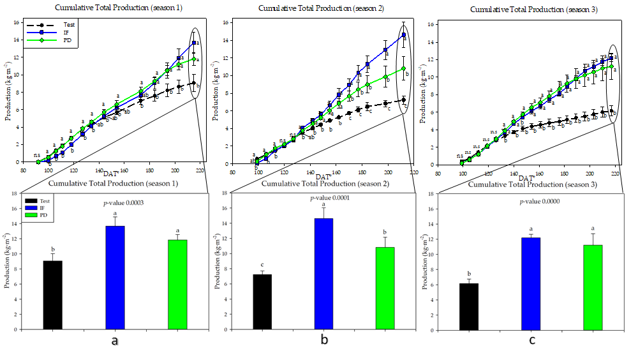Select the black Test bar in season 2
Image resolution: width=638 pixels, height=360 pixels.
tap(262, 302)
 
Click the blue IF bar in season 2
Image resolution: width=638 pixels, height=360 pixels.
tap(324, 274)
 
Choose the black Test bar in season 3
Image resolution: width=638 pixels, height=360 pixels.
tap(469, 306)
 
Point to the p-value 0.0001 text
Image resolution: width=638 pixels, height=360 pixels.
tap(324, 198)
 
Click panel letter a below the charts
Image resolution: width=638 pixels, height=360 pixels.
tap(115, 341)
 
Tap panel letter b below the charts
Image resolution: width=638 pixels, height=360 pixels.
tap(325, 340)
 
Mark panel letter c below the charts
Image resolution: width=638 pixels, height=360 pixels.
tap(532, 340)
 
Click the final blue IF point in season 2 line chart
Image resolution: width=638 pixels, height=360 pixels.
tap(403, 35)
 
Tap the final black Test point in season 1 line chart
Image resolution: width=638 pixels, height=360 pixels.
tap(193, 83)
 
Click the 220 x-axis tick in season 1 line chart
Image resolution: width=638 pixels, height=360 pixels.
tap(200, 170)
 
